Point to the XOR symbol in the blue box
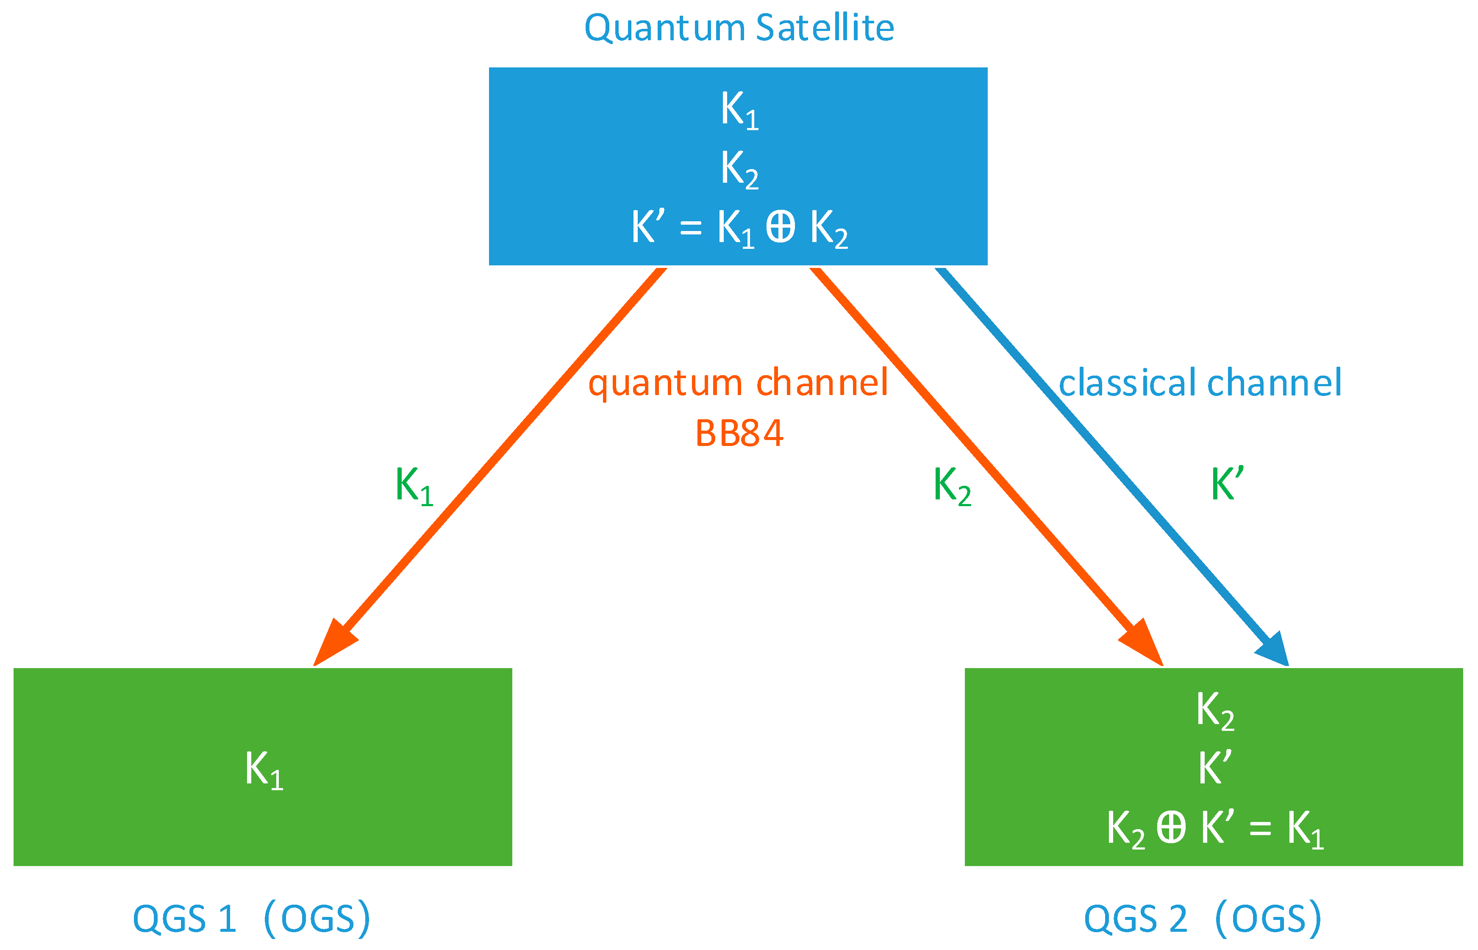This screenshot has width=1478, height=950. [780, 227]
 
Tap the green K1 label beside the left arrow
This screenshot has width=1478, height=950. [414, 486]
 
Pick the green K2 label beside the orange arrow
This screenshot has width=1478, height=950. [951, 486]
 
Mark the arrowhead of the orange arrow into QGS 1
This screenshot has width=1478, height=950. [333, 644]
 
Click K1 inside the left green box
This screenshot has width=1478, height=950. [263, 770]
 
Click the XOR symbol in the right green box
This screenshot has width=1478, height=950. [1171, 827]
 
